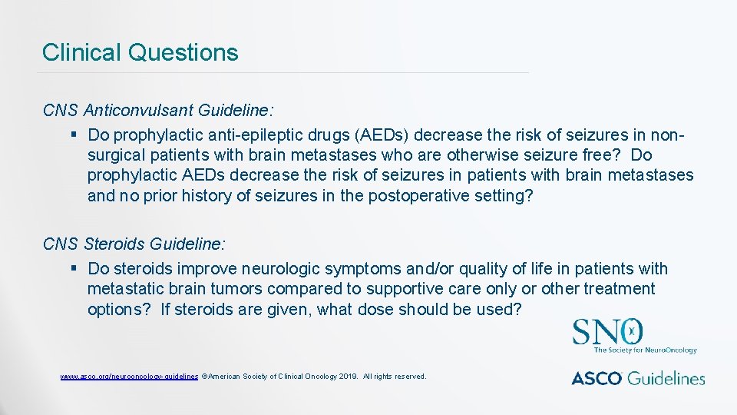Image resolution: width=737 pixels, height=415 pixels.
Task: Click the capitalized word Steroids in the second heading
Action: coord(114,244)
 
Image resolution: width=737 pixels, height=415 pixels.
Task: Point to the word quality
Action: coord(479,269)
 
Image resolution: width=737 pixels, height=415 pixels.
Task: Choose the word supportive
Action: coord(405,289)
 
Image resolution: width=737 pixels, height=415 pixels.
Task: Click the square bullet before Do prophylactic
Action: coord(73,135)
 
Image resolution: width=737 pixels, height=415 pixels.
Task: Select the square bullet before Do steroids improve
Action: coord(73,269)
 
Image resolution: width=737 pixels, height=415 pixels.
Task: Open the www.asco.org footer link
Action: coord(129,377)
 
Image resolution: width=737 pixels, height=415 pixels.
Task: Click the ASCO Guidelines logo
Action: coord(637,377)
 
